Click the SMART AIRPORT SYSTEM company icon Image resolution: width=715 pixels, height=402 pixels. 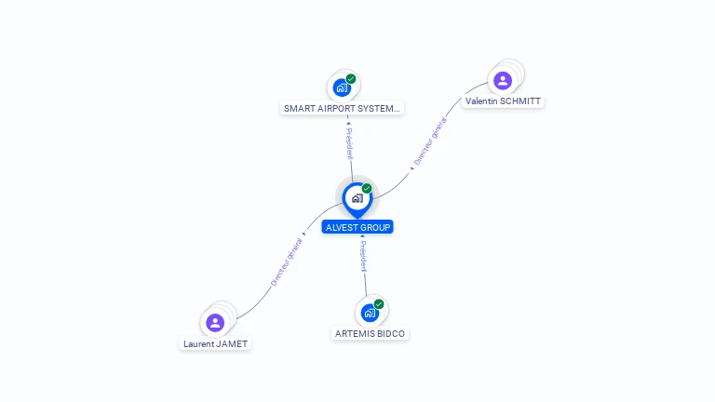click(x=342, y=87)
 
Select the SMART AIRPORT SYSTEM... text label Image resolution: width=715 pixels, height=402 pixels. click(x=343, y=108)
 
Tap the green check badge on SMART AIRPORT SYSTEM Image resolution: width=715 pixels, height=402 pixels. click(x=351, y=79)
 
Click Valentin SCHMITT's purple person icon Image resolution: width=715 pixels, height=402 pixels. click(x=503, y=80)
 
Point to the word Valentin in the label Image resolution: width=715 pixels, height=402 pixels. click(x=481, y=100)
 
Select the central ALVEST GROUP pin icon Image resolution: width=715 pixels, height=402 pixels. click(x=357, y=198)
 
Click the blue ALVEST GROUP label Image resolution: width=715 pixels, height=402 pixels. click(x=357, y=227)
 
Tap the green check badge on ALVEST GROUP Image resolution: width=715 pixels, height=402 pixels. click(x=367, y=189)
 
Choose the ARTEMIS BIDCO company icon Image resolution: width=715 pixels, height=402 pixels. click(x=370, y=313)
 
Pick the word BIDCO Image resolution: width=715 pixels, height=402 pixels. click(x=390, y=333)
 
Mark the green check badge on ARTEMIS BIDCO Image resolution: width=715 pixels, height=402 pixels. click(x=379, y=304)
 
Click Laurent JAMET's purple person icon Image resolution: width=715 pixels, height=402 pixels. click(x=215, y=323)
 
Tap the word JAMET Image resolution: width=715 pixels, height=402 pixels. click(x=234, y=343)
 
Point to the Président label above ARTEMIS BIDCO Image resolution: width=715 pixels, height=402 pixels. click(x=363, y=256)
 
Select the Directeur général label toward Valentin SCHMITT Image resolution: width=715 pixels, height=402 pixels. click(x=429, y=141)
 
